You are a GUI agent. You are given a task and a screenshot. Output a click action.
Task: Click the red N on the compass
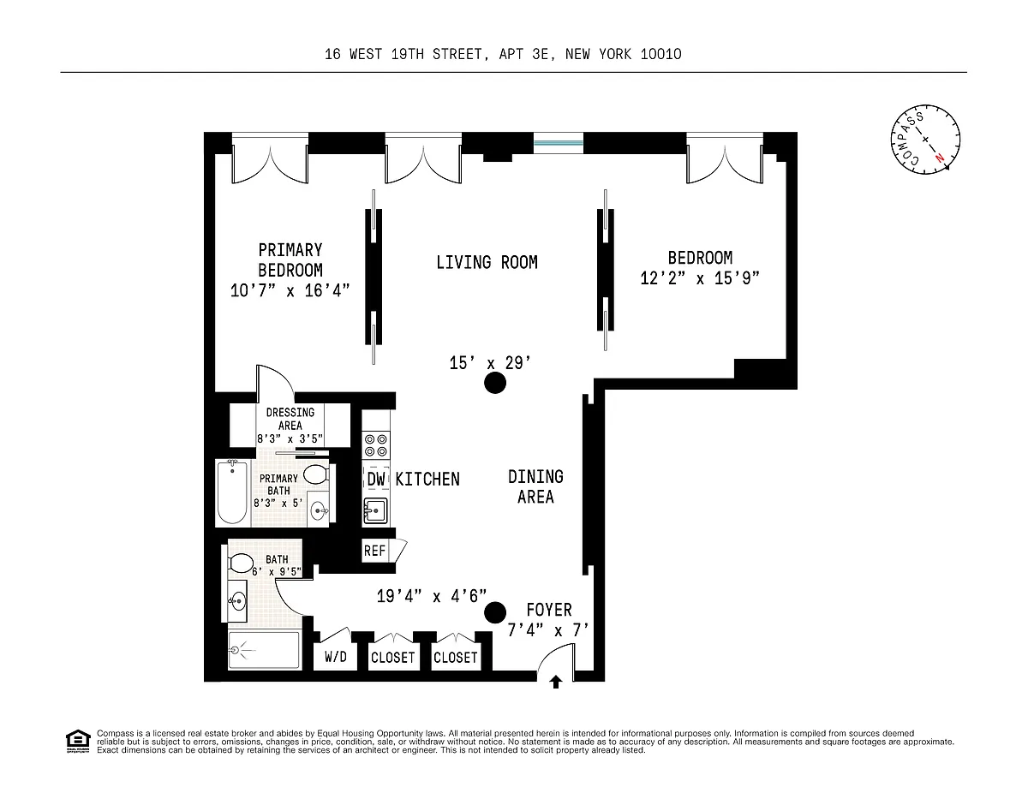[940, 158]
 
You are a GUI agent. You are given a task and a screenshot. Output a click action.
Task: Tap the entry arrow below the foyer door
[556, 682]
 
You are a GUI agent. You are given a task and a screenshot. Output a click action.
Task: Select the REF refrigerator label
[374, 551]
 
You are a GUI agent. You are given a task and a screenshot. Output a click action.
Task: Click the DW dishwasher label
[376, 479]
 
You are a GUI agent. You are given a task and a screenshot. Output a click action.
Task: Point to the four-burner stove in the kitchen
[376, 445]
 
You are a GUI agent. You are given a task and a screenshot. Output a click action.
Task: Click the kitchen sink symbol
[375, 511]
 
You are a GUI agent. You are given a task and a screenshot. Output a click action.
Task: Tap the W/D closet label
[336, 657]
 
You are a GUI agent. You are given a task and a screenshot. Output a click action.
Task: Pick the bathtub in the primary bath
[232, 492]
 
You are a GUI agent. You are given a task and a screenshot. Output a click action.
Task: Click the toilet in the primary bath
[316, 474]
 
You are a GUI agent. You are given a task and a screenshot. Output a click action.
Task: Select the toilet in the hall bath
[241, 563]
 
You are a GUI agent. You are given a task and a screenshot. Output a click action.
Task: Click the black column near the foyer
[495, 613]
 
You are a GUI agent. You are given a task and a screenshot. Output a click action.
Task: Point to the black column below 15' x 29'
[495, 383]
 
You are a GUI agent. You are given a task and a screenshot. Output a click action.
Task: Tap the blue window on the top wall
[559, 143]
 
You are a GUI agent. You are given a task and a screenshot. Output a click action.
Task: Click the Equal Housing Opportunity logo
[78, 742]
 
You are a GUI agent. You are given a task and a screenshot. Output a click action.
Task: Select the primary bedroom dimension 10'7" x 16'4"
[290, 291]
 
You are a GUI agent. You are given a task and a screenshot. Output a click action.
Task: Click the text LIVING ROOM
[487, 262]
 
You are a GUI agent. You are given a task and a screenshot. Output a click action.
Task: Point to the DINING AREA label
[535, 487]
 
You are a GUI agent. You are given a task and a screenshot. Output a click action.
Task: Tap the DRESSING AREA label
[290, 419]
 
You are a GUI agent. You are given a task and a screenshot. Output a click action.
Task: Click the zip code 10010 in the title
[660, 55]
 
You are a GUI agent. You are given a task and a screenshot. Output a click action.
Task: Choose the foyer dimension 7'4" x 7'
[547, 630]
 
